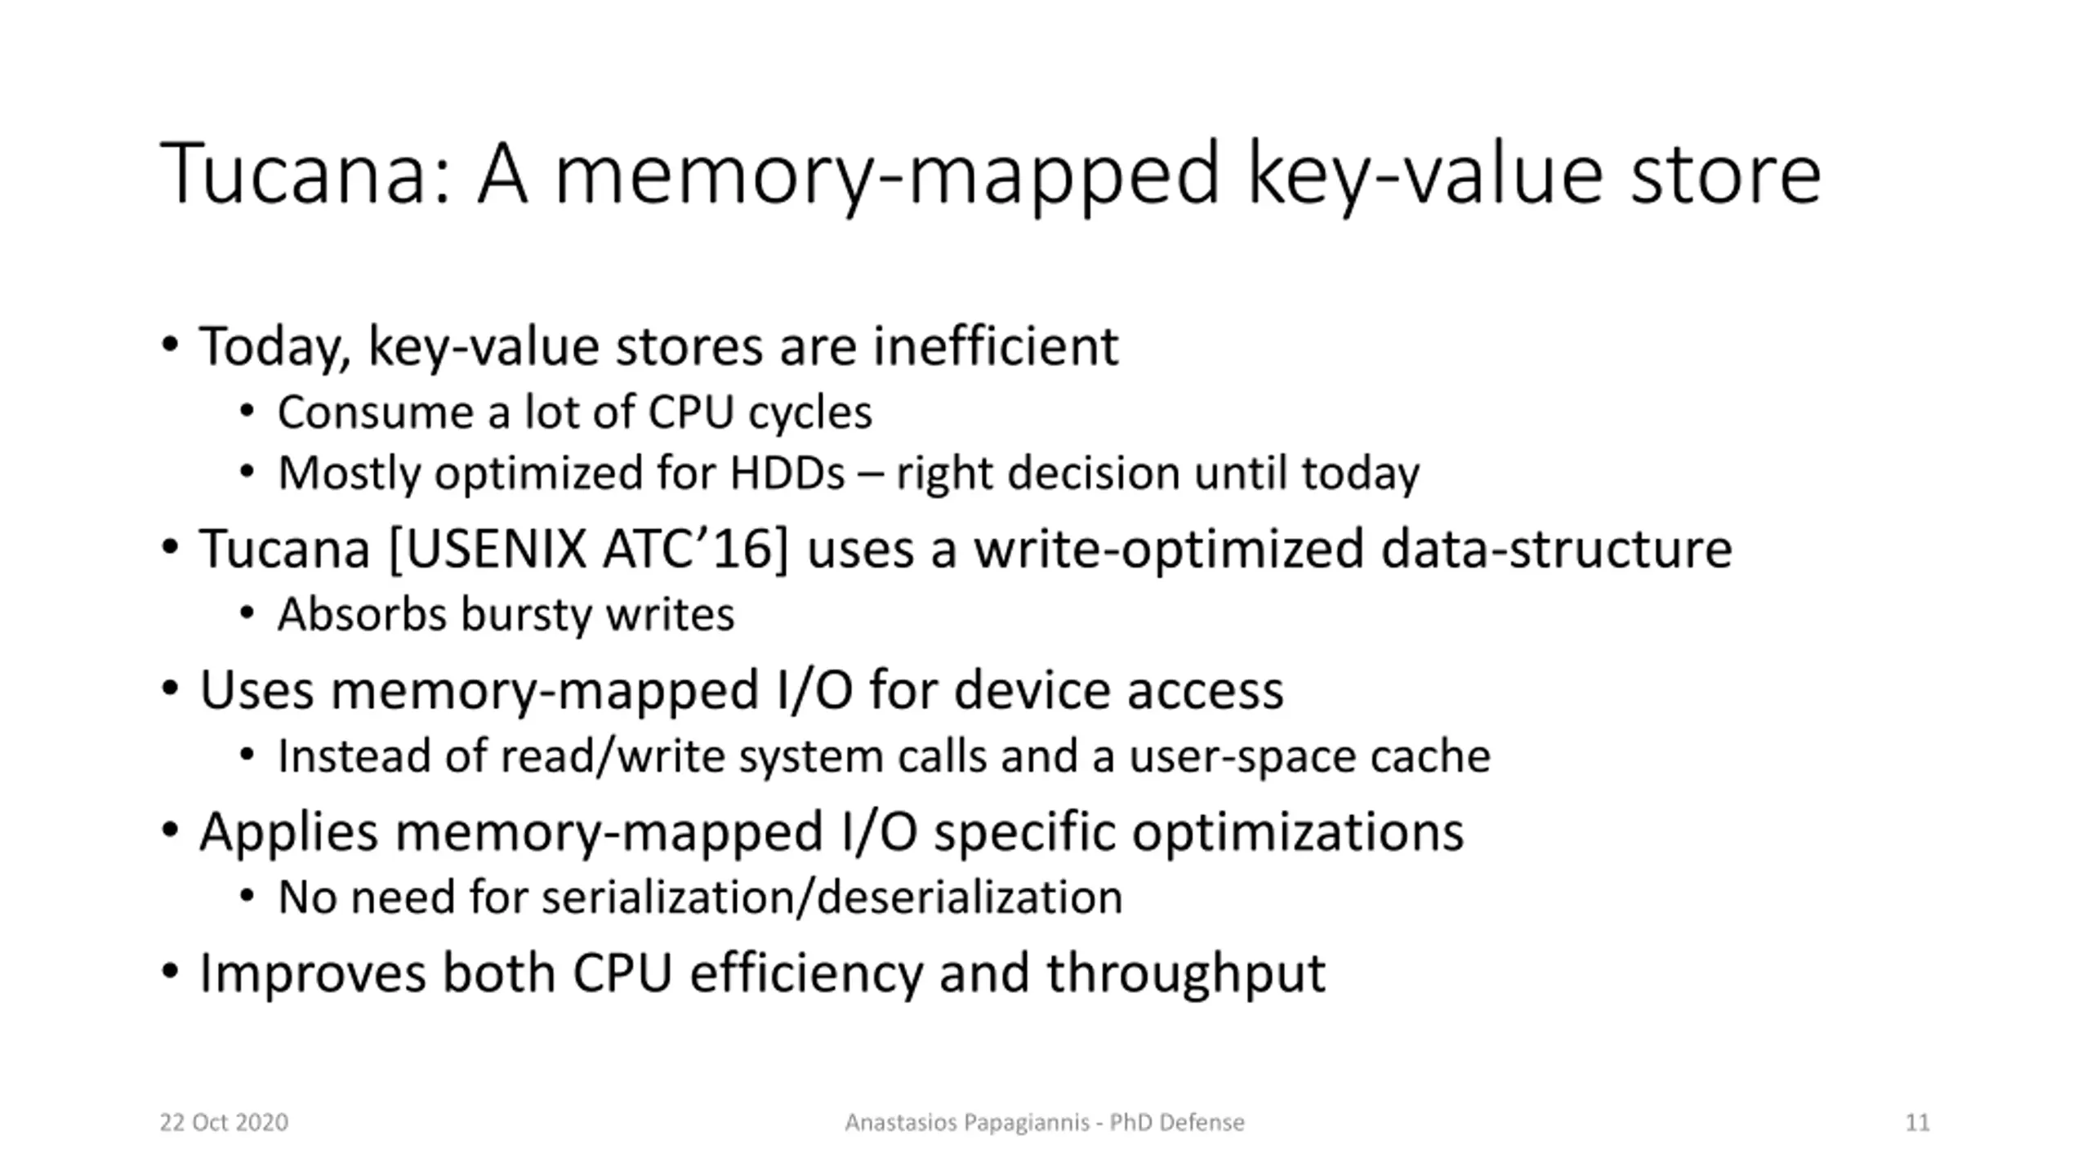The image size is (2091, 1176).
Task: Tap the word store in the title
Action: [x=1725, y=174]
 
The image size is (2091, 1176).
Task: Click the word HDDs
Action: [x=787, y=473]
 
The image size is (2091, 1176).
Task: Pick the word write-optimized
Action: [x=1169, y=549]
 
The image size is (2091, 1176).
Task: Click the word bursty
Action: [x=525, y=614]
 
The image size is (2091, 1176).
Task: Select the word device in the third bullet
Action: [x=1032, y=690]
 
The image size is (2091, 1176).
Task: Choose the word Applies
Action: [x=289, y=832]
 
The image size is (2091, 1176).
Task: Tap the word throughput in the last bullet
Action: [x=1186, y=973]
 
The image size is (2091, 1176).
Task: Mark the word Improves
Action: [x=313, y=973]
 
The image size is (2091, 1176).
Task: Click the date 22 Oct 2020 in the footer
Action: [x=224, y=1123]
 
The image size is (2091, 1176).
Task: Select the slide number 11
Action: [x=1917, y=1123]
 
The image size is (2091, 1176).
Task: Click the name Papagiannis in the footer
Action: [x=1027, y=1123]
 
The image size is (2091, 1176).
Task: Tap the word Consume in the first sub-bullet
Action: [x=375, y=412]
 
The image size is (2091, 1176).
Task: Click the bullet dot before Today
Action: [x=170, y=345]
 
